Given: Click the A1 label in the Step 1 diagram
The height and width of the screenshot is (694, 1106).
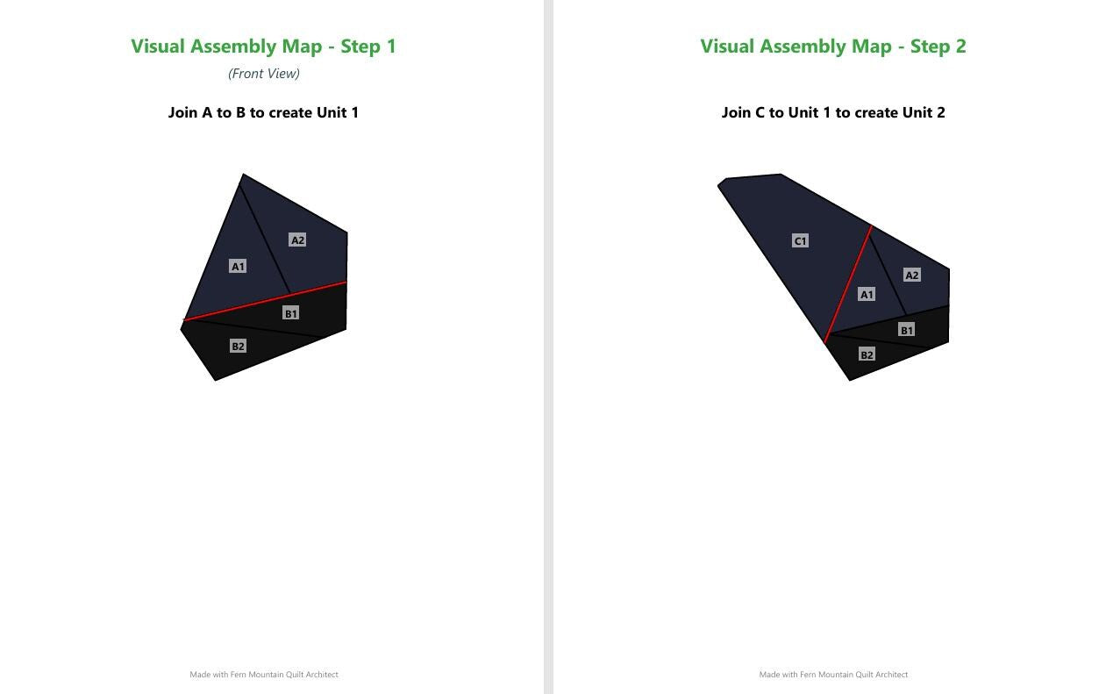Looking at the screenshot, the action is [x=238, y=266].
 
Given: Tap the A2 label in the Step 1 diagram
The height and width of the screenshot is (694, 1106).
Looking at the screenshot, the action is [x=297, y=240].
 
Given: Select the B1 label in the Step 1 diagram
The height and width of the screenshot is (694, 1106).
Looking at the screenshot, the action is [x=291, y=313].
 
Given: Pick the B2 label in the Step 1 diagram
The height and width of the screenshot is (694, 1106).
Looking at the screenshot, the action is [x=238, y=347].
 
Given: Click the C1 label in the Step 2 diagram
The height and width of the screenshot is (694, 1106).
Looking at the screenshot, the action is [x=800, y=240].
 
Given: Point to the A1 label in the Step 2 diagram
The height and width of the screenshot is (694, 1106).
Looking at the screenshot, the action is [x=867, y=295].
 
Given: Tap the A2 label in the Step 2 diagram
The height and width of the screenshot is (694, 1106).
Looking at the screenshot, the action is [x=911, y=275].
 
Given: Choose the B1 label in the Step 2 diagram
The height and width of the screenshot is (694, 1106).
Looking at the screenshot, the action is [x=907, y=330].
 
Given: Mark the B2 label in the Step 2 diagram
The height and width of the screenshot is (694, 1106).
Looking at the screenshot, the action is [x=867, y=354].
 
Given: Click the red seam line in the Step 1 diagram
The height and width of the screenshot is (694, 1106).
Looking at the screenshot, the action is [x=265, y=301].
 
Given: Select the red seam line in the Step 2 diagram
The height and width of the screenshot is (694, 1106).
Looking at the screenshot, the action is [x=848, y=284].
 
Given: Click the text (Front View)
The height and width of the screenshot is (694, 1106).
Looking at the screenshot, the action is [x=264, y=74].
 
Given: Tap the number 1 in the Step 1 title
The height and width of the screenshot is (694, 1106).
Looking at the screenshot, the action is [x=391, y=47].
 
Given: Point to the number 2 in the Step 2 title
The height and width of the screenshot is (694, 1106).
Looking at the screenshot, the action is [x=960, y=47].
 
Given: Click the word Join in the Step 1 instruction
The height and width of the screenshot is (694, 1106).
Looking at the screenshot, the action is [x=182, y=112].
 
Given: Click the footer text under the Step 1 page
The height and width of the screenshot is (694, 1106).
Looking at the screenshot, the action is [x=264, y=674].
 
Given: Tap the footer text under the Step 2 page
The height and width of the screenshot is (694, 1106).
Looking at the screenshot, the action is [x=833, y=674].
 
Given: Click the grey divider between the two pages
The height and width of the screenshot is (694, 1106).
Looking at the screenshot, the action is [x=548, y=347].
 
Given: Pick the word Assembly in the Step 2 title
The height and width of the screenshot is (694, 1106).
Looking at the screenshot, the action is [x=825, y=47].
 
